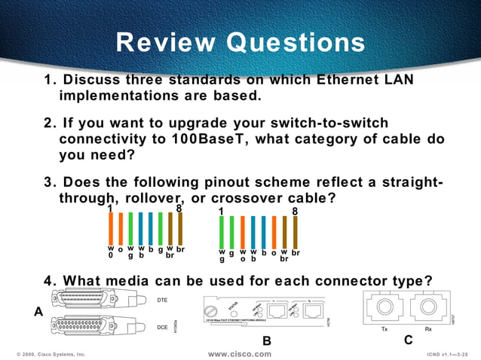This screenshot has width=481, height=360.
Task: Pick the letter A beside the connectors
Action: (x=38, y=310)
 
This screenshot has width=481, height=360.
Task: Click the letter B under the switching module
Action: (x=266, y=341)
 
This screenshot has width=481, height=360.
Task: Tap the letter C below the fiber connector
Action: (x=408, y=340)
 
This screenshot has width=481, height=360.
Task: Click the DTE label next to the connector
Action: (x=161, y=301)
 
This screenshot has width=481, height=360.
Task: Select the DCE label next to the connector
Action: (x=161, y=328)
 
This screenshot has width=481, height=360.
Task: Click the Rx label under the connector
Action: (x=428, y=328)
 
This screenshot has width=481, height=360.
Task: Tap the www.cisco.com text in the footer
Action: (x=239, y=353)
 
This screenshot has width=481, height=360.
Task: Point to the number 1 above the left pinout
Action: (x=110, y=209)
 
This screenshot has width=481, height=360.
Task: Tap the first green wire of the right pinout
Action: (x=222, y=233)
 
